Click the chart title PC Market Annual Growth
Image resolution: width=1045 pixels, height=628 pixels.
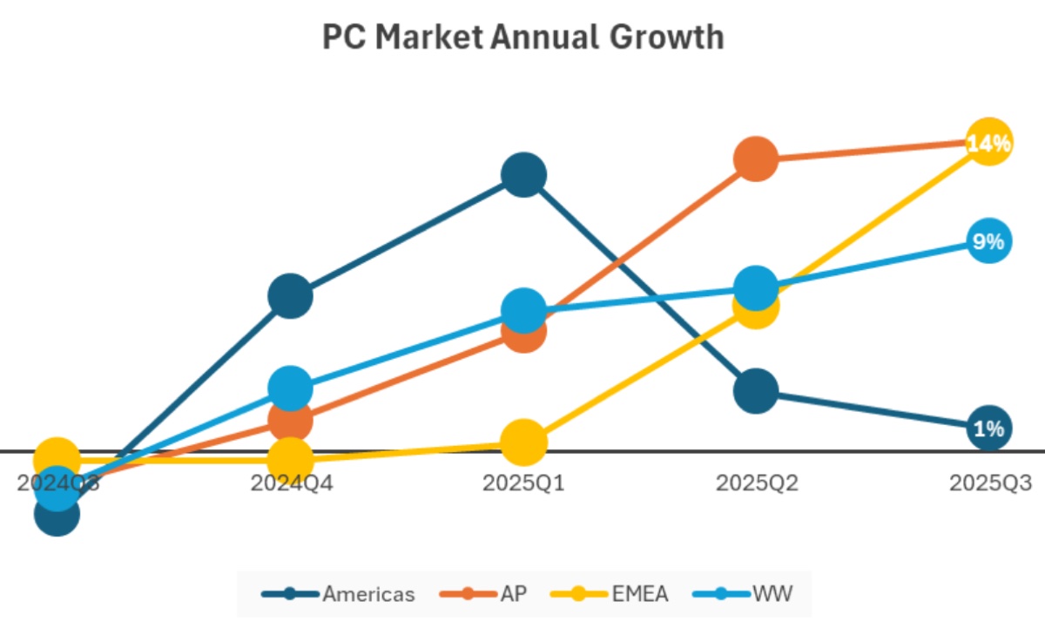(522, 37)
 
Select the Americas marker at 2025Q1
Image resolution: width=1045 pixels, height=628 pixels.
(523, 175)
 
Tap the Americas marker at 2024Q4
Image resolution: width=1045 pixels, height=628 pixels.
(290, 296)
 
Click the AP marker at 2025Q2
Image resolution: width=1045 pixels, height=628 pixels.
(755, 159)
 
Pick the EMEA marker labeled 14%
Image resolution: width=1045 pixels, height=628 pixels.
(988, 142)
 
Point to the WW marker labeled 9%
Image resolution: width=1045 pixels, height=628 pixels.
(988, 241)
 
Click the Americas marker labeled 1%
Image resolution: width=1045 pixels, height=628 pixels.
(989, 428)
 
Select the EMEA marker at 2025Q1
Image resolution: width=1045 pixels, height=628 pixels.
(522, 442)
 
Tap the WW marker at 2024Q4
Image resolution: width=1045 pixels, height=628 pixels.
(290, 388)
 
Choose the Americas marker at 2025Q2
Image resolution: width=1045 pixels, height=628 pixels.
(755, 390)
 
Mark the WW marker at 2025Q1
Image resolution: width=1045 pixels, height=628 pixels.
(523, 311)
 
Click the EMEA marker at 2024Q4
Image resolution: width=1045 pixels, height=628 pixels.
(290, 459)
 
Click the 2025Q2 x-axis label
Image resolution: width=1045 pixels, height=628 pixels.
(756, 483)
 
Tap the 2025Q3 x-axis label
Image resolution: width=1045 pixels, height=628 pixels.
(989, 483)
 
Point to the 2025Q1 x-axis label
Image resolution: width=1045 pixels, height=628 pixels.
(523, 483)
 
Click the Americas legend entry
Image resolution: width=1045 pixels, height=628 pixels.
(339, 594)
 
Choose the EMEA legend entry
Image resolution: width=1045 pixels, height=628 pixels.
(610, 594)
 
